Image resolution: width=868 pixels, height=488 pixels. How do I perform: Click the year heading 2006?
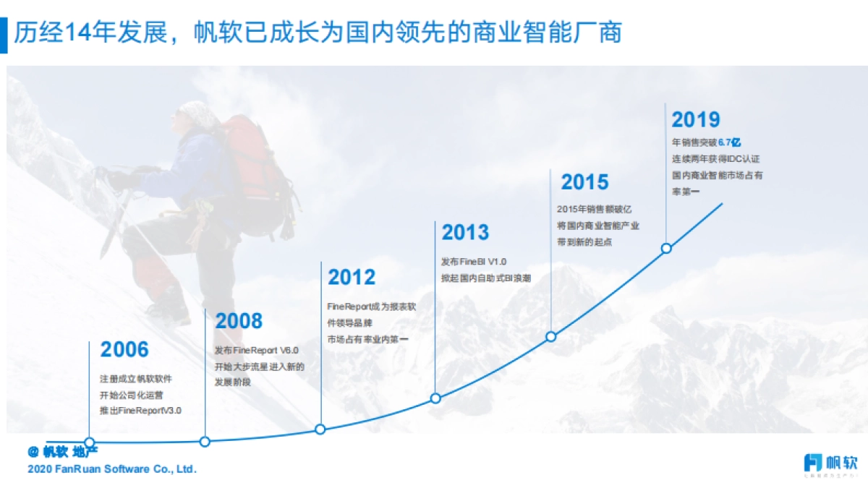pos(124,350)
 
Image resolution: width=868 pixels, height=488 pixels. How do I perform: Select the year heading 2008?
pos(239,322)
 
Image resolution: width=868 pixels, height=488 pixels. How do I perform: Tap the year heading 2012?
pos(352,278)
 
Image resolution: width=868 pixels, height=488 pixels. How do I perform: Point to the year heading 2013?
pos(465,233)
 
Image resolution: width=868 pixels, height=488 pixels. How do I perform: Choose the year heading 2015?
pos(584,182)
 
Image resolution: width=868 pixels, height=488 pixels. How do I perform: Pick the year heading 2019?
pos(695,120)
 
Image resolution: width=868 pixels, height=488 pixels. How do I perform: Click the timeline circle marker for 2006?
pos(90,442)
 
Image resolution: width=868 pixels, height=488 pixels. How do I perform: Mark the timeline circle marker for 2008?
pos(205,441)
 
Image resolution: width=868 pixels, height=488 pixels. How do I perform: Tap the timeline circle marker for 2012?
pos(320,429)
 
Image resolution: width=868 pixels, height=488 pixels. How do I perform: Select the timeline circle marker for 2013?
pos(435,398)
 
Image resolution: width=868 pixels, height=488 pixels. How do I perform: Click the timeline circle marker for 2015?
pos(550,336)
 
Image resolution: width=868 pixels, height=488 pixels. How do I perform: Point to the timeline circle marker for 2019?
pos(666,248)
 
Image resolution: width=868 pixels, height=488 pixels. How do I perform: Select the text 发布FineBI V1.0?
pos(474,261)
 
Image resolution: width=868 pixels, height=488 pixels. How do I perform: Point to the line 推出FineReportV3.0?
pos(140,411)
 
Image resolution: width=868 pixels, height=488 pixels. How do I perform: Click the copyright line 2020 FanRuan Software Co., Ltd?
pos(111,469)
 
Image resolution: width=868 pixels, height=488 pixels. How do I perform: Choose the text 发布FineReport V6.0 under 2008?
pos(256,351)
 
